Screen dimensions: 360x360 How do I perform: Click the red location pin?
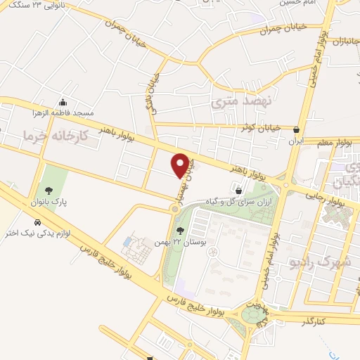(x=181, y=165)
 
